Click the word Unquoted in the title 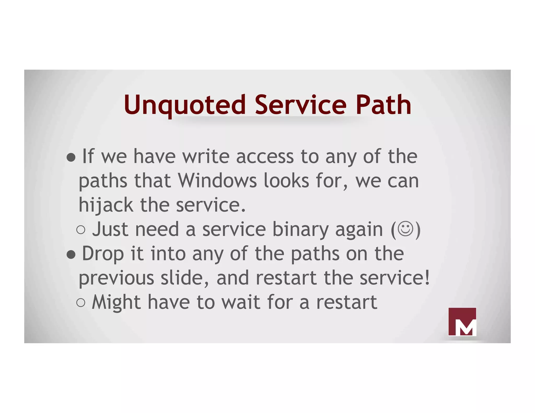pos(185,105)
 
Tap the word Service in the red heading pos(300,105)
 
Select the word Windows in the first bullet pos(217,181)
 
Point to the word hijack pos(106,205)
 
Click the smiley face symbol pos(405,229)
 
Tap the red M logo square pos(462,322)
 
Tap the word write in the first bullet pos(206,156)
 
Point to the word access pos(265,156)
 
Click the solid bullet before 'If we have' pos(71,157)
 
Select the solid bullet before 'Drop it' pos(71,255)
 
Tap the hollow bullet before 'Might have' pos(81,303)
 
